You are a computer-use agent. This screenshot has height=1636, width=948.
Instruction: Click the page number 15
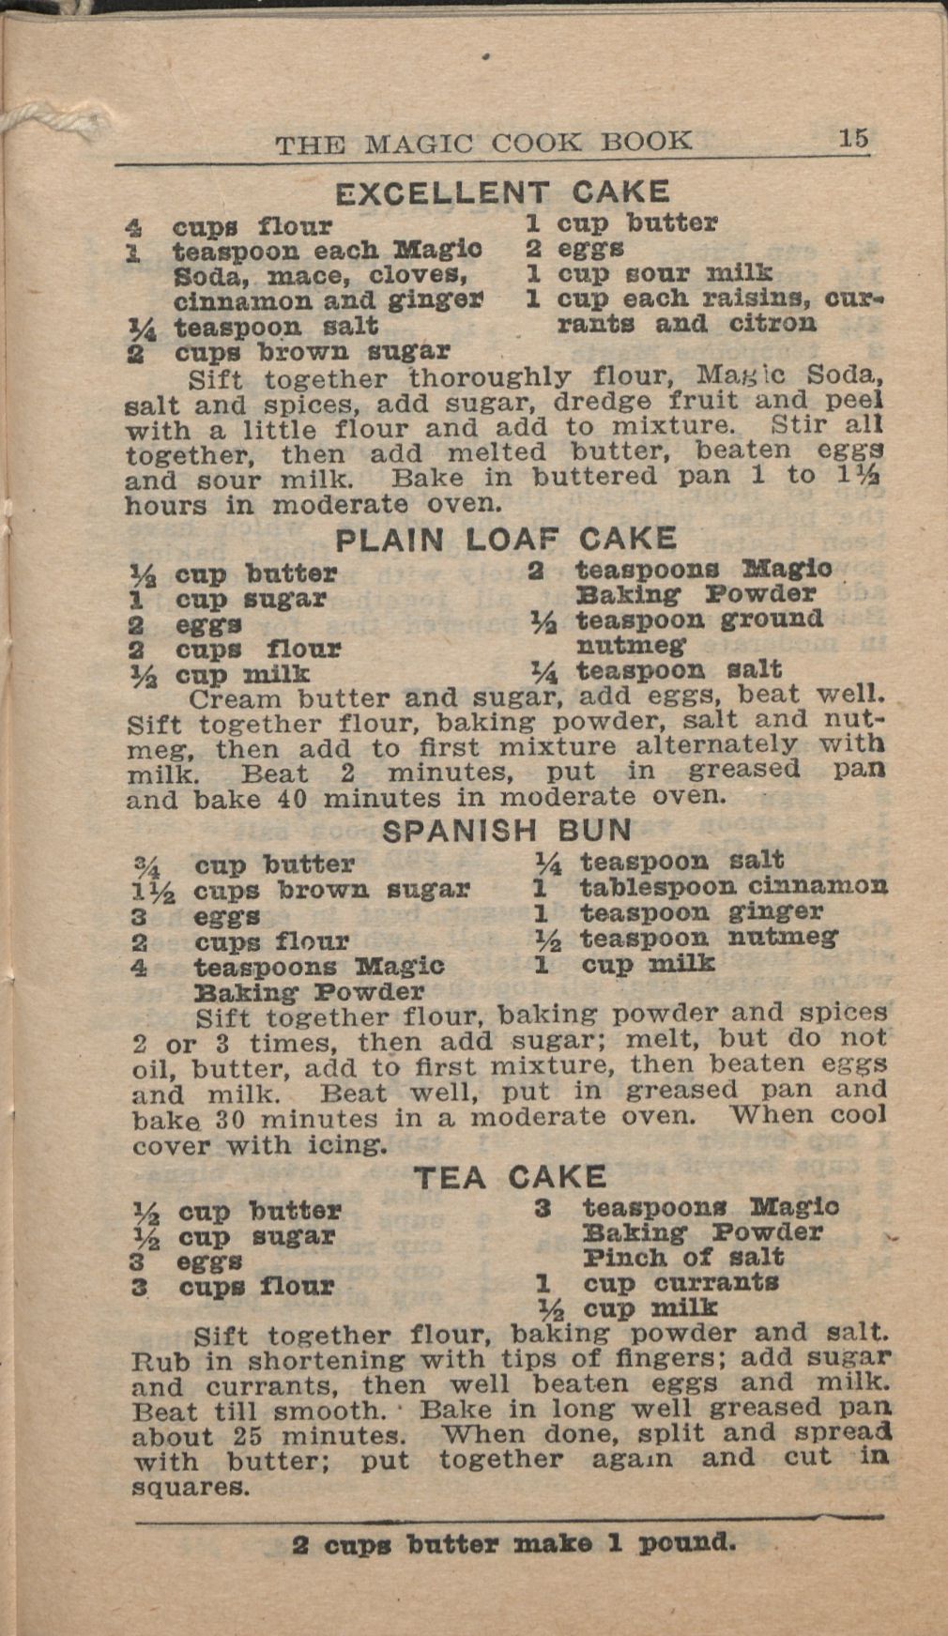[853, 139]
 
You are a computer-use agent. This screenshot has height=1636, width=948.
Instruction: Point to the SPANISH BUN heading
[508, 831]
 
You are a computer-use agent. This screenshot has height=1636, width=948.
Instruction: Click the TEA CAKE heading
[511, 1177]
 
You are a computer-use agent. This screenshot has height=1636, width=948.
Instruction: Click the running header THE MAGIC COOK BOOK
[483, 143]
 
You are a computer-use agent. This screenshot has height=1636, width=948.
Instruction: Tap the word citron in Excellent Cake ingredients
[772, 324]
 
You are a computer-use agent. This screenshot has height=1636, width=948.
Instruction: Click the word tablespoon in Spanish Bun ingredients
[658, 887]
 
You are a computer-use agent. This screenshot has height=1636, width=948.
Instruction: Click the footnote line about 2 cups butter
[513, 1543]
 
